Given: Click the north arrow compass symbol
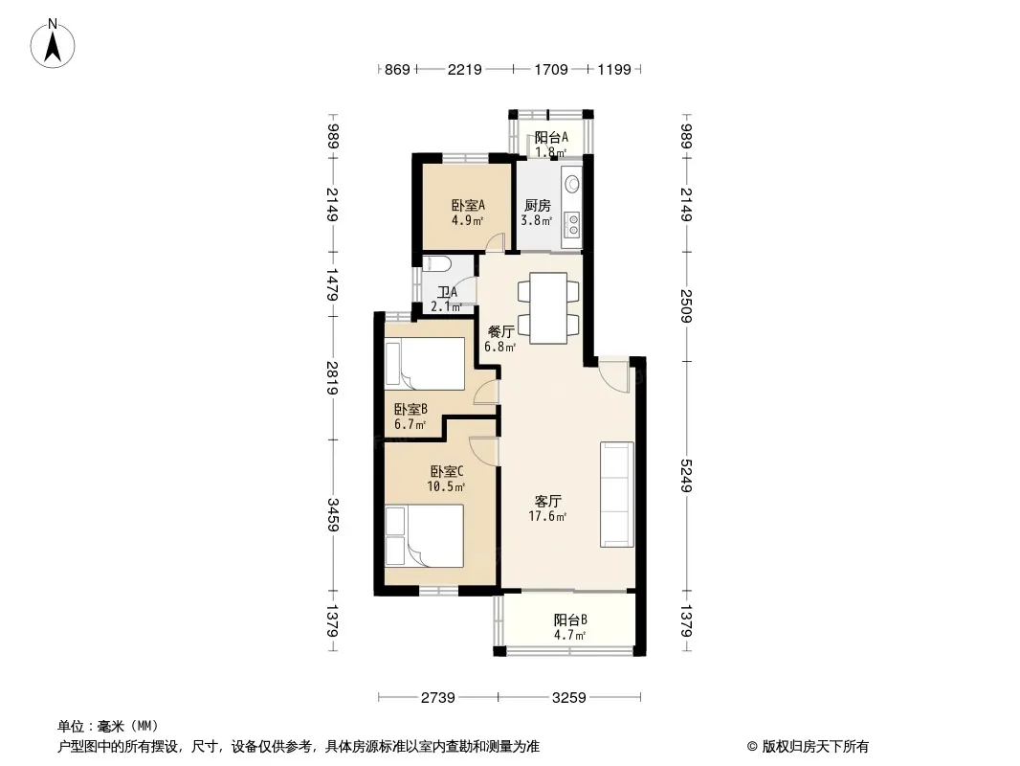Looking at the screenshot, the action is [x=53, y=44].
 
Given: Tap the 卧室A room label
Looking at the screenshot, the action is [x=468, y=206].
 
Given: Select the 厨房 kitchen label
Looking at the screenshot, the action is [x=538, y=206].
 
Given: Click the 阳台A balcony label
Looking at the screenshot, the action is [x=551, y=137].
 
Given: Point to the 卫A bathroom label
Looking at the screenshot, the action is [x=447, y=292].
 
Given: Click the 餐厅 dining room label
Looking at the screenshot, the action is [x=500, y=332].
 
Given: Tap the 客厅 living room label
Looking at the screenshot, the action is [x=547, y=501].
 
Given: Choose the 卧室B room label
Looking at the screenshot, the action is [x=410, y=410].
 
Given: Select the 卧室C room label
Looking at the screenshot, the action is [x=446, y=470].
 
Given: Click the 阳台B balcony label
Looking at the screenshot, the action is [x=570, y=620].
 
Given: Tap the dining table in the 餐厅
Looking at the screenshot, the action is [x=548, y=307].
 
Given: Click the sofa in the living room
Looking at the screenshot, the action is [x=616, y=495].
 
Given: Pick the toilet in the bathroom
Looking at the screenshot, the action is [x=434, y=263].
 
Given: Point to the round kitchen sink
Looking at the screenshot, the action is [x=572, y=183].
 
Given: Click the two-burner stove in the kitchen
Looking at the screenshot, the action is [x=573, y=224].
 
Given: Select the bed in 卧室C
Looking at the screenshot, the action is [x=424, y=535].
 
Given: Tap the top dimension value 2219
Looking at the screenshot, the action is [x=464, y=69].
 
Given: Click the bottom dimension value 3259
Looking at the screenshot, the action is [x=569, y=698].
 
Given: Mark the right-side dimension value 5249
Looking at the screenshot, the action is [x=686, y=476].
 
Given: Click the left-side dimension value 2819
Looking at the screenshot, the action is [x=332, y=377].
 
